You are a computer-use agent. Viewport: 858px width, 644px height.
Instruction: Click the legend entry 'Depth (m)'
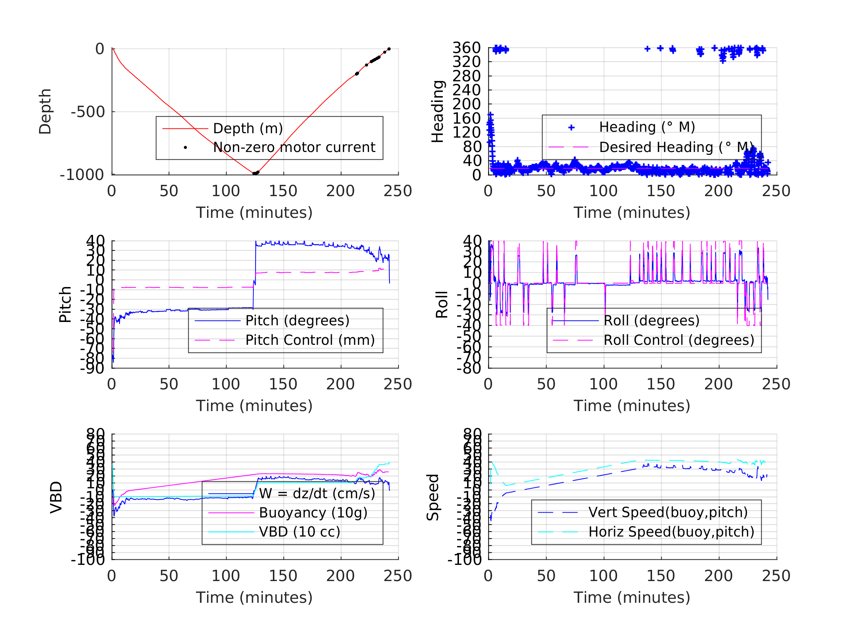(x=248, y=128)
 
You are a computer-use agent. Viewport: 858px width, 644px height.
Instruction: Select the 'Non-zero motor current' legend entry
(x=293, y=148)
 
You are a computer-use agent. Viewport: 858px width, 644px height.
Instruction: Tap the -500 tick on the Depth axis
(x=88, y=112)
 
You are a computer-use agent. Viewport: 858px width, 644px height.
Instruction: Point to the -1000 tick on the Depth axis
(x=82, y=175)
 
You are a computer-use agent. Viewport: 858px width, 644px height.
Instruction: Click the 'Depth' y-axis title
(x=45, y=112)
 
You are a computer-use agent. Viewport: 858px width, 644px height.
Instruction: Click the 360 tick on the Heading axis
(x=467, y=48)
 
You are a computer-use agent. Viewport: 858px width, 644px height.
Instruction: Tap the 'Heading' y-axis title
(x=438, y=112)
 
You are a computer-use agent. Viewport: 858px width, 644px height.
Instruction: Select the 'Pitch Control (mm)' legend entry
(x=310, y=340)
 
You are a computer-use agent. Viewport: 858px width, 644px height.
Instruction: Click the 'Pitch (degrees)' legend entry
(x=297, y=321)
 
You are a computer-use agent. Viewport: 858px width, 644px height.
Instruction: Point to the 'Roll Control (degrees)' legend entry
(x=679, y=340)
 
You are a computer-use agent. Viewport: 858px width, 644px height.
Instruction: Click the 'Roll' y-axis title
(x=442, y=305)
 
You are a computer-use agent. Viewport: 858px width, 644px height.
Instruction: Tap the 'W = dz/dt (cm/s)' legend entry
(x=317, y=494)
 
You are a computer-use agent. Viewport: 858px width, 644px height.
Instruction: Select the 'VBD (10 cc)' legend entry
(x=299, y=532)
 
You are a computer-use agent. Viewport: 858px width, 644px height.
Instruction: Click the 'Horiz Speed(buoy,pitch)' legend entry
(x=671, y=532)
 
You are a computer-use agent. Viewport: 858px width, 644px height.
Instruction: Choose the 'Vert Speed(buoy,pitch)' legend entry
(x=668, y=513)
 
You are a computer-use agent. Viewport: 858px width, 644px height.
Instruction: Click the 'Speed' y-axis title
(x=433, y=497)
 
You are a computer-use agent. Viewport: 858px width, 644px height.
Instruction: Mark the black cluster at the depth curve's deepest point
(x=256, y=173)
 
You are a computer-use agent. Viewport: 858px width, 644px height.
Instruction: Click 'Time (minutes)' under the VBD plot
(x=254, y=598)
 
